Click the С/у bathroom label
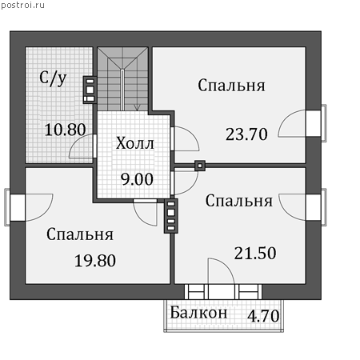pos(53,78)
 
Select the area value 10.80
pos(65,130)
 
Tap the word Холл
pos(135,143)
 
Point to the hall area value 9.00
pos(137,179)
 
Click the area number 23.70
pos(246,134)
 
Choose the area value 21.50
pos(255,253)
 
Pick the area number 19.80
pos(95,261)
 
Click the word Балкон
pos(198,313)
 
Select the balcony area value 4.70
pos(263,316)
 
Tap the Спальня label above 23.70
pos(231,86)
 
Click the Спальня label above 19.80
pos(80,234)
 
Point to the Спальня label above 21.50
pos(239,201)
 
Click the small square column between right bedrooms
pos(200,166)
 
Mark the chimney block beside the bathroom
pos(90,90)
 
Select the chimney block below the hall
pos(171,216)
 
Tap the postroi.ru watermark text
pos(22,5)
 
